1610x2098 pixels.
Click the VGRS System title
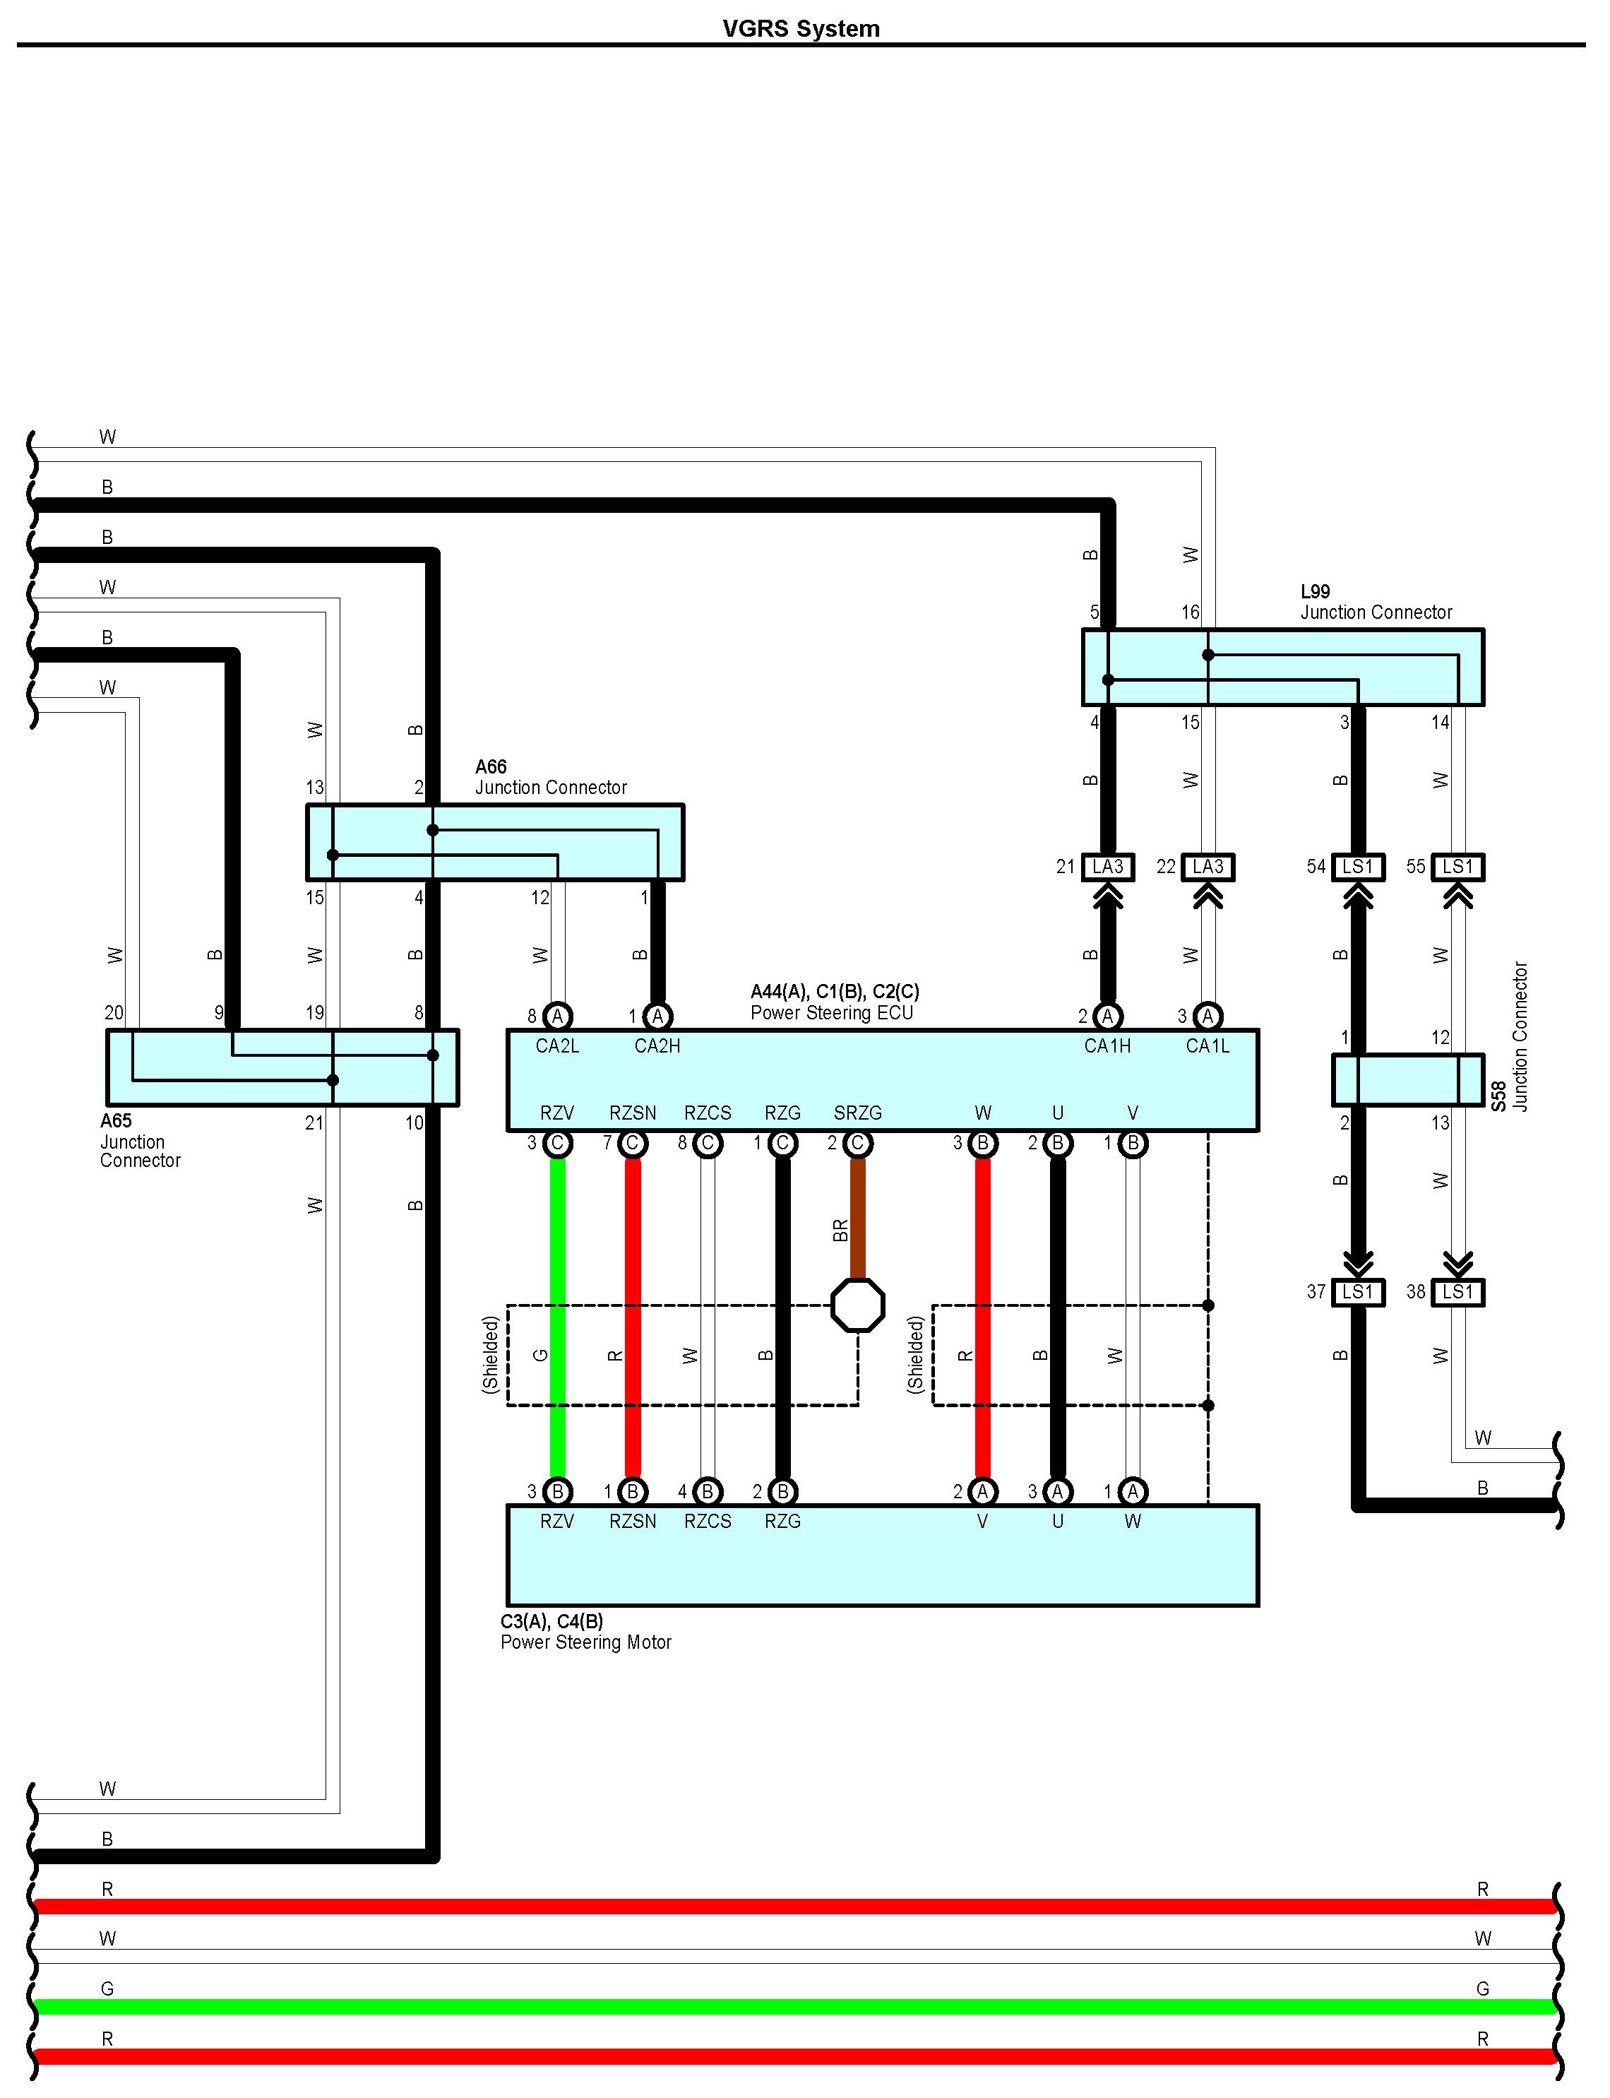coord(801,29)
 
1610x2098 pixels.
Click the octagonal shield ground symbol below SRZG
coord(858,1305)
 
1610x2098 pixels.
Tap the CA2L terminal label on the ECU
coord(556,1045)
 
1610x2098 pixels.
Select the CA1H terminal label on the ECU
coord(1107,1045)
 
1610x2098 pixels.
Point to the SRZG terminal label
coord(858,1113)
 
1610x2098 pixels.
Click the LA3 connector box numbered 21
coord(1108,867)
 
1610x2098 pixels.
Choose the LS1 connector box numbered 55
coord(1457,867)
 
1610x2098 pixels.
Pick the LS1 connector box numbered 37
coord(1358,1292)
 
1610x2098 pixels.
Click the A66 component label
coord(491,766)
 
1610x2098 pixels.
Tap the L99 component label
coord(1315,591)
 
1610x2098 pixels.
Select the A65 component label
coord(116,1120)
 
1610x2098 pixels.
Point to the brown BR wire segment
coord(858,1217)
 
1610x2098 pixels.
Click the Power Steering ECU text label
coord(831,1013)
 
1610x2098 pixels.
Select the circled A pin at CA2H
coord(657,1016)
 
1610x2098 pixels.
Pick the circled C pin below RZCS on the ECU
coord(708,1144)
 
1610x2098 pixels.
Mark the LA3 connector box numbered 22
coord(1207,867)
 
